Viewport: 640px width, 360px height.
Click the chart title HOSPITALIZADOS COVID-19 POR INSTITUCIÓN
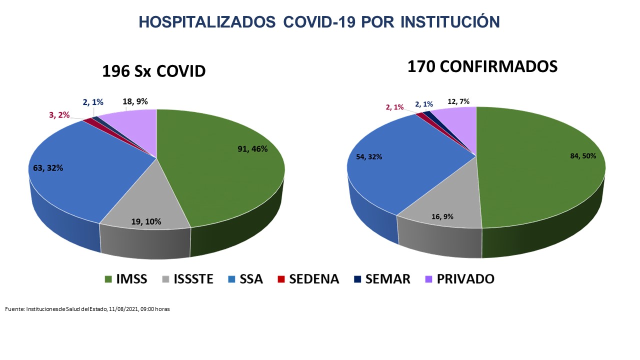(x=319, y=22)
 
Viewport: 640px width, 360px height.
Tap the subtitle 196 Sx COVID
(x=153, y=71)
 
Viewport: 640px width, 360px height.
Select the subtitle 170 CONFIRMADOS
(x=482, y=66)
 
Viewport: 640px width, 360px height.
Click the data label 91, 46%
(x=252, y=148)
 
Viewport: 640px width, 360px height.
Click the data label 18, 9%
(x=135, y=101)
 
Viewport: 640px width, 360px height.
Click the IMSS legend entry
(x=125, y=279)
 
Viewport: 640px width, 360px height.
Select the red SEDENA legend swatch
(x=281, y=279)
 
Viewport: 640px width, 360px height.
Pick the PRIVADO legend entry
(x=459, y=279)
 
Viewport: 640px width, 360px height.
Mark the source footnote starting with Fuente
(x=87, y=309)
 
